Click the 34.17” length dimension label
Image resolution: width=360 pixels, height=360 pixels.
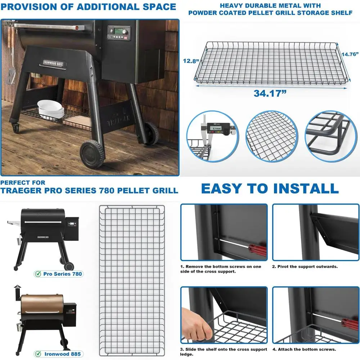(x=270, y=93)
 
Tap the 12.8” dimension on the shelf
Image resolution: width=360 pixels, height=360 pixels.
(x=190, y=61)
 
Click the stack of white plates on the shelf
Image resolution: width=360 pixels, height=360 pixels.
(x=51, y=109)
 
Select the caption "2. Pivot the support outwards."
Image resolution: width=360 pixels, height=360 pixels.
(x=305, y=267)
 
